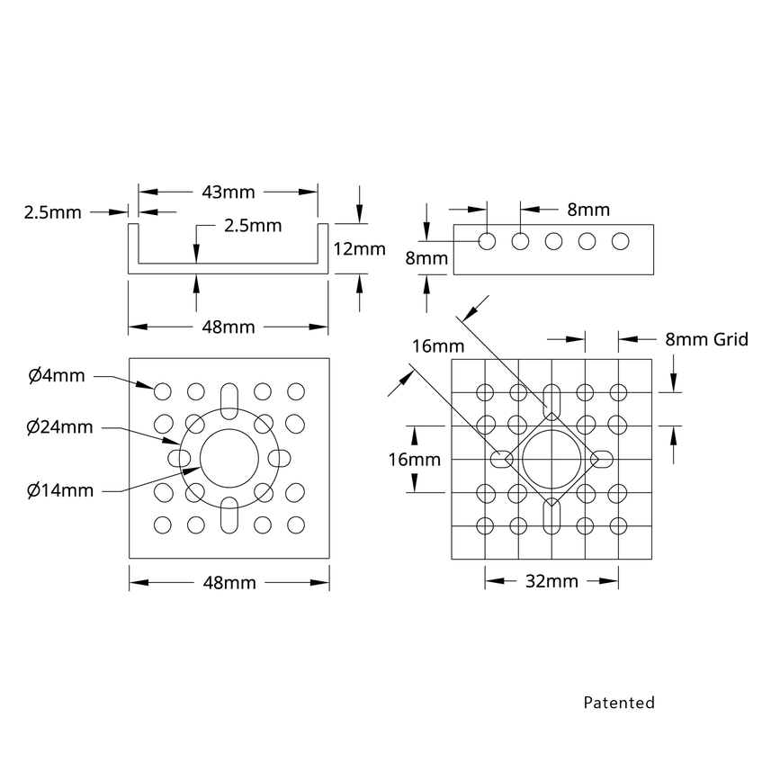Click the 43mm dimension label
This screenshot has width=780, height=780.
click(229, 192)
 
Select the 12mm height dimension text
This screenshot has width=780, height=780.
click(360, 249)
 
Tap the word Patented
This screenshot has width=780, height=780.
click(619, 703)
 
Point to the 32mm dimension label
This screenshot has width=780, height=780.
click(551, 581)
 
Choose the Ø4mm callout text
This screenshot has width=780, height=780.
click(56, 375)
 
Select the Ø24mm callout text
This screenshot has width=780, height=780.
click(60, 427)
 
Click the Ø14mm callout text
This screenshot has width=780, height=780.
click(60, 490)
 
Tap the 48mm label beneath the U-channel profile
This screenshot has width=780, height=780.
click(229, 327)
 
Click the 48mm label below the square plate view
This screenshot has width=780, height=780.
click(229, 583)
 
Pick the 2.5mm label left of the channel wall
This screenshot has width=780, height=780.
click(52, 213)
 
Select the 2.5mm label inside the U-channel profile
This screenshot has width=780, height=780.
click(253, 225)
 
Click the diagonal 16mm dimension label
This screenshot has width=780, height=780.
click(438, 345)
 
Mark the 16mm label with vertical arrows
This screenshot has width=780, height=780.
click(415, 460)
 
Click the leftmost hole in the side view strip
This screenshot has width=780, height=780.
click(488, 241)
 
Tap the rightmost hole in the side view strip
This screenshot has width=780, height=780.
click(620, 241)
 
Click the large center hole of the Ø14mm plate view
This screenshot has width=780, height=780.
click(229, 458)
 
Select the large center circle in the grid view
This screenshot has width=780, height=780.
click(551, 459)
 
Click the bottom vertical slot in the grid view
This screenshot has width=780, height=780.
click(551, 516)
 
